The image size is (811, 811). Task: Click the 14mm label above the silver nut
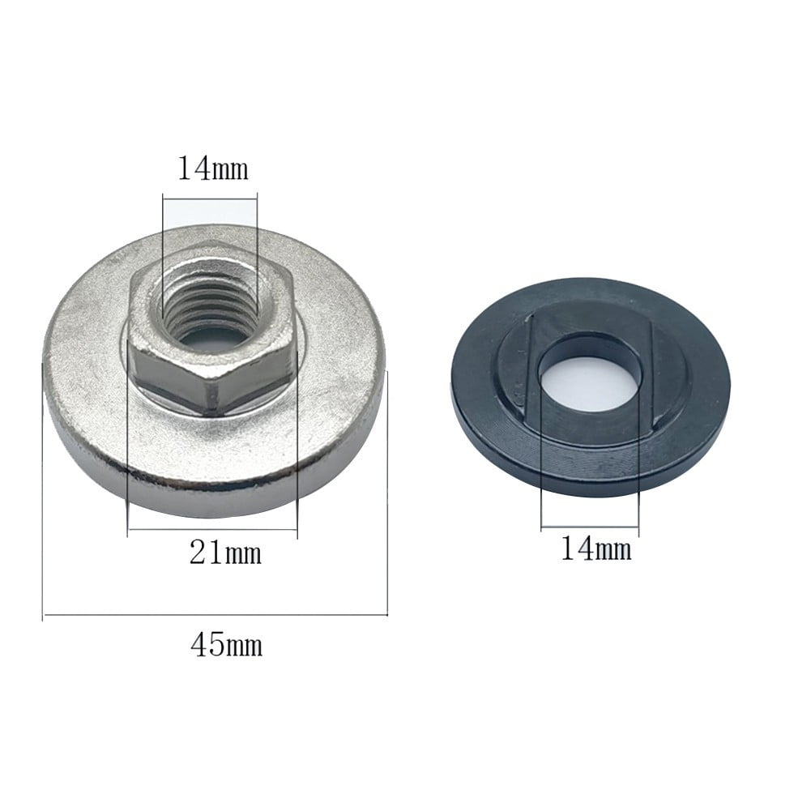click(x=212, y=169)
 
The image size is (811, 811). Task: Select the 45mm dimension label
click(x=226, y=647)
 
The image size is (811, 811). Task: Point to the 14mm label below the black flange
click(x=595, y=549)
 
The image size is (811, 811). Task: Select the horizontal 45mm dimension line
click(x=215, y=617)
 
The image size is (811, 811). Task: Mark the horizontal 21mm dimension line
click(x=212, y=530)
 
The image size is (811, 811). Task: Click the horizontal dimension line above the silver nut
click(x=210, y=195)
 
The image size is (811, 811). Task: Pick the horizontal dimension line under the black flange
click(x=590, y=529)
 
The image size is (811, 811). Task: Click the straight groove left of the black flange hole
click(x=529, y=365)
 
